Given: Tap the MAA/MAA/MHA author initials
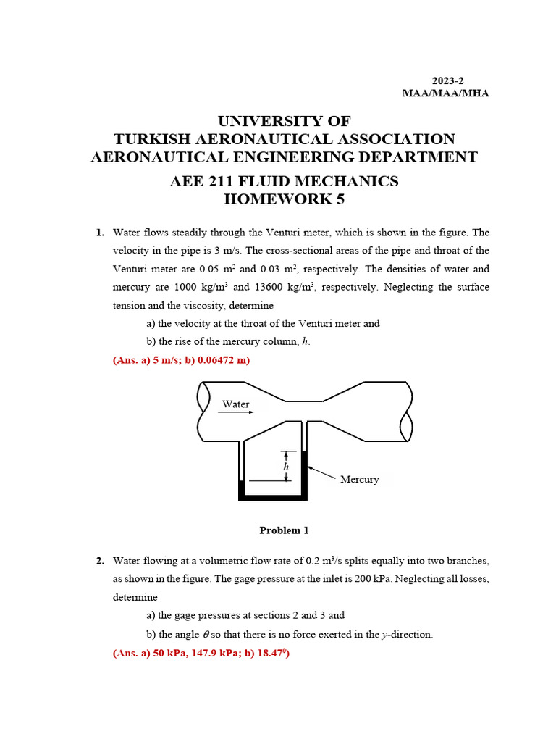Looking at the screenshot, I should [445, 93].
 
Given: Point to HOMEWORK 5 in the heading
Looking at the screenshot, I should [283, 199].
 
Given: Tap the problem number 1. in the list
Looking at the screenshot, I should [101, 233].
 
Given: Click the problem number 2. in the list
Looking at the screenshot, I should [101, 561].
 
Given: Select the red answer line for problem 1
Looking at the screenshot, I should [182, 360].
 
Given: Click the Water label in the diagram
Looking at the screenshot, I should [235, 404].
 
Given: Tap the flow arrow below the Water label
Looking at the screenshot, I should [236, 413].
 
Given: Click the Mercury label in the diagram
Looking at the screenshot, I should [360, 480].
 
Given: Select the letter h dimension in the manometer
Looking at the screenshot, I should [287, 467].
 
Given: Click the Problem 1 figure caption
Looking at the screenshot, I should [284, 530].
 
